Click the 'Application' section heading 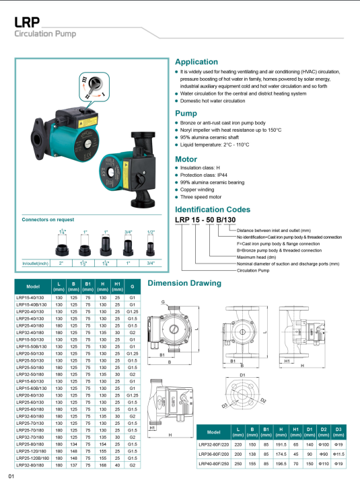coord(196,62)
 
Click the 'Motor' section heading coord(186,160)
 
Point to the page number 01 coord(11,477)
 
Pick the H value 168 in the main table coord(103,465)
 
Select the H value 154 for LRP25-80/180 coord(103,444)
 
